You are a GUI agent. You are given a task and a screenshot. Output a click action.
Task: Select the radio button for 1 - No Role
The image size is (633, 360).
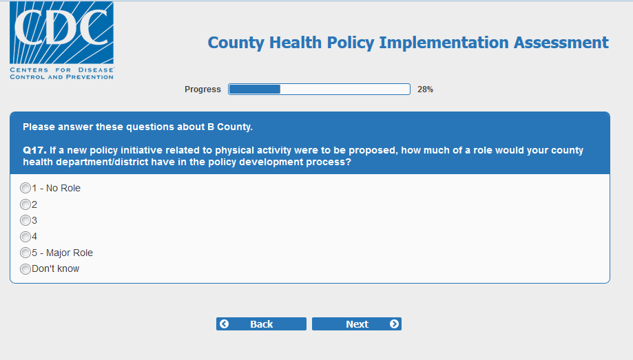click(25, 188)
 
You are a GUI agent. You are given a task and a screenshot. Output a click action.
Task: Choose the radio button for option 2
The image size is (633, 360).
click(25, 204)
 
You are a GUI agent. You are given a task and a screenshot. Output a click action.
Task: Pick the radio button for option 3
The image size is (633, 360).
click(25, 220)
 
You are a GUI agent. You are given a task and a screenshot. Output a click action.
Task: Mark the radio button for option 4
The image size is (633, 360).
click(25, 237)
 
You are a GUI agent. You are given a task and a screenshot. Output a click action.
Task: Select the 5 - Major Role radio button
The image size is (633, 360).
click(25, 253)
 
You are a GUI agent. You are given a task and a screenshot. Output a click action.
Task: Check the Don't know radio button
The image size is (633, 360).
click(25, 268)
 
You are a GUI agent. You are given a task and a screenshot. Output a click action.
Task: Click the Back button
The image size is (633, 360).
click(261, 324)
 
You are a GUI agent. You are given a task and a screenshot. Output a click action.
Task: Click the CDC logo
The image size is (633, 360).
click(62, 41)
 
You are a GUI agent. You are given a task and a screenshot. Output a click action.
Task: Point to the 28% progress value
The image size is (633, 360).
click(425, 89)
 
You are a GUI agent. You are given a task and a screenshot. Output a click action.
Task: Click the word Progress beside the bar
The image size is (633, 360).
click(203, 89)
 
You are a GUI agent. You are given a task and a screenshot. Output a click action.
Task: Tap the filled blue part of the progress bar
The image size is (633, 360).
click(255, 89)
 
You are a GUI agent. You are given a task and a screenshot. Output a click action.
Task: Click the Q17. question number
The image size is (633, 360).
click(34, 150)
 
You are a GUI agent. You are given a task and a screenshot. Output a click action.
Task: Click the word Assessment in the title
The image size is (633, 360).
click(561, 43)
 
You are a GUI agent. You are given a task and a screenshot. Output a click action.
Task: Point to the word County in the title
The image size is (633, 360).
click(236, 43)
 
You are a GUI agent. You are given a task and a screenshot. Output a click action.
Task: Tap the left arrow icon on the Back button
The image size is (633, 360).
click(225, 324)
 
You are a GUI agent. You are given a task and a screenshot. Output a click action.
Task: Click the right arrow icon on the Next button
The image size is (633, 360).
click(394, 324)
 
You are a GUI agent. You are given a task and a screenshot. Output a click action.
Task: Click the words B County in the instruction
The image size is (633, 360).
click(229, 127)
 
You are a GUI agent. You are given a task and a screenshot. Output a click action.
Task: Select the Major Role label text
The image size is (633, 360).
click(70, 253)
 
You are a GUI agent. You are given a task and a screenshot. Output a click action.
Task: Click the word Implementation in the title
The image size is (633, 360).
click(444, 43)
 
